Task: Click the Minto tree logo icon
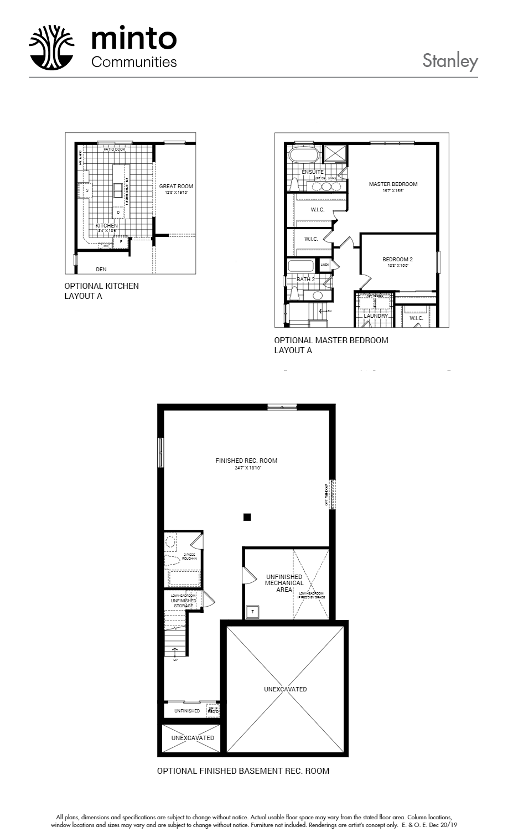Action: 51,47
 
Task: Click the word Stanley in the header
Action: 449,60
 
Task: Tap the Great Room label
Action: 176,187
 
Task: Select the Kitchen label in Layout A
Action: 106,226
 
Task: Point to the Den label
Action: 101,270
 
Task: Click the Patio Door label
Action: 114,149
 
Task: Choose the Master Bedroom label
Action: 393,184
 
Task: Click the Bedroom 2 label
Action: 397,259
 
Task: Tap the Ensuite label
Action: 313,172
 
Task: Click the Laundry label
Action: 375,316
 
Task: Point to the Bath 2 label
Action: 305,280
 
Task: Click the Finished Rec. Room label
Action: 246,461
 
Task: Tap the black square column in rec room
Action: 247,517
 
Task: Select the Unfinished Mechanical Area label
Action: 284,583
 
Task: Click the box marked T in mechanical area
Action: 253,612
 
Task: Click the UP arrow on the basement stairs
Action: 175,652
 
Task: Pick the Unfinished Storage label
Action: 183,603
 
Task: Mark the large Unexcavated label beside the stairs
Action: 285,689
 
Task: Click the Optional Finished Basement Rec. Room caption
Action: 243,771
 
